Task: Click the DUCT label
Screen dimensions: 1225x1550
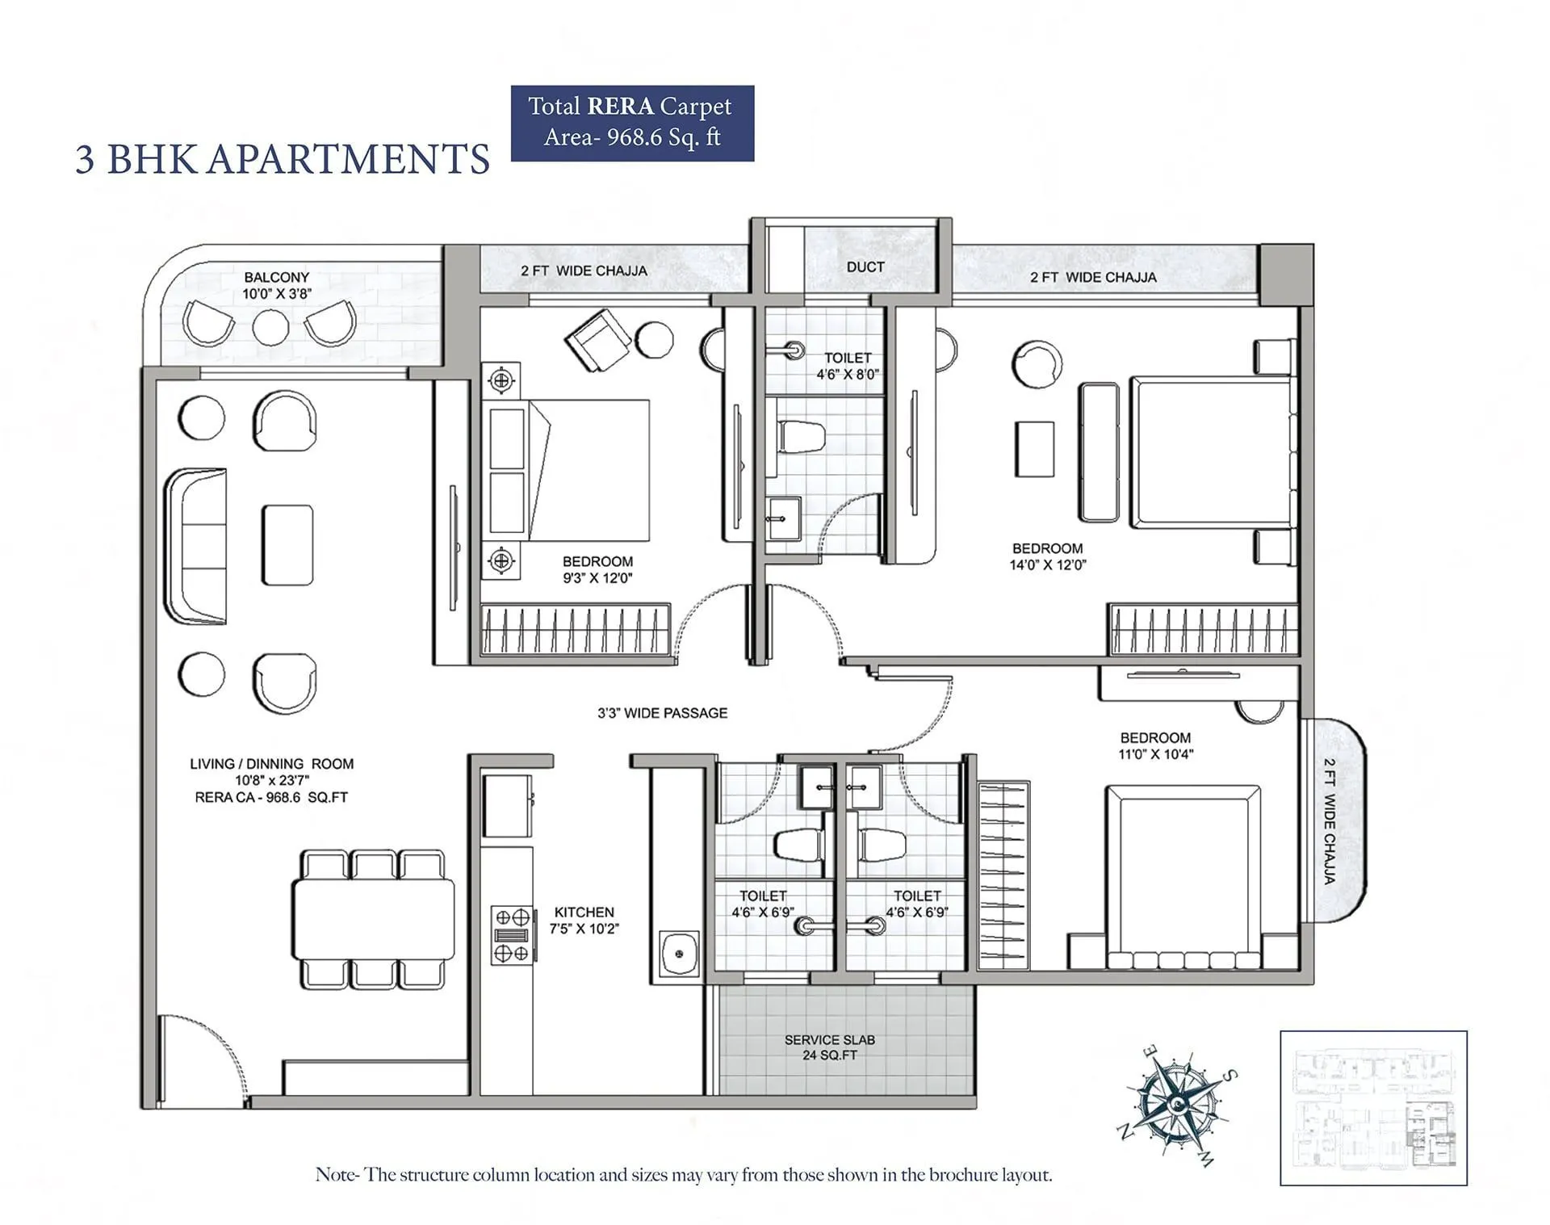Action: click(x=865, y=267)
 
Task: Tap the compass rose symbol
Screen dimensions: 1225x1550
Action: click(x=1178, y=1104)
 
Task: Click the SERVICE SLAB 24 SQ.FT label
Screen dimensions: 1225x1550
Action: click(x=829, y=1047)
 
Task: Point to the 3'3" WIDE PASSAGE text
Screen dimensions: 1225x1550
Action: click(x=662, y=713)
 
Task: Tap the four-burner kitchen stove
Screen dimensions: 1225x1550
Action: click(x=512, y=935)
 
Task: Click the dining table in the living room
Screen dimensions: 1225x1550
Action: click(x=372, y=919)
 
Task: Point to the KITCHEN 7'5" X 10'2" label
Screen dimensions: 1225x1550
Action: click(x=584, y=921)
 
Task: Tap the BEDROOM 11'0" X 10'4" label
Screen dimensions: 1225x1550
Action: click(x=1155, y=746)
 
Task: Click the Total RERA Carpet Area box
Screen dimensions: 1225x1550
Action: click(x=632, y=123)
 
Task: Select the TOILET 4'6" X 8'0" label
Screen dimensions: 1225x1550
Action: click(x=847, y=366)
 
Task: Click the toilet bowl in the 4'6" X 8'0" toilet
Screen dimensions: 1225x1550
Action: click(x=800, y=437)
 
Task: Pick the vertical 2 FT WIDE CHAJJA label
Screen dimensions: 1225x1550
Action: click(x=1329, y=820)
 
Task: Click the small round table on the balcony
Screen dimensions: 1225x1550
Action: click(x=270, y=327)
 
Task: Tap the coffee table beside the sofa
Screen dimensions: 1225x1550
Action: click(x=287, y=544)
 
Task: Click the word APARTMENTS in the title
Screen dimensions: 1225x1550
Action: click(x=348, y=159)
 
